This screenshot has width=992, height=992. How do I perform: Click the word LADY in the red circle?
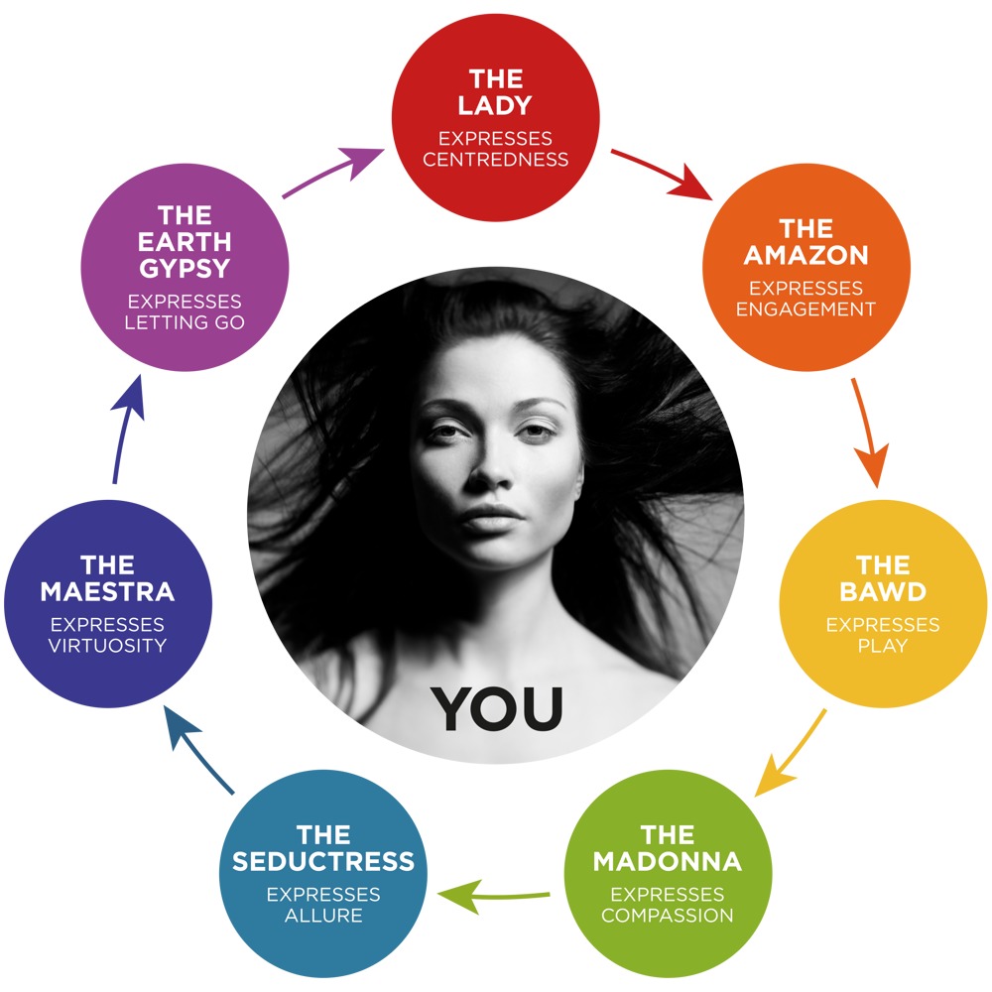pyautogui.click(x=495, y=105)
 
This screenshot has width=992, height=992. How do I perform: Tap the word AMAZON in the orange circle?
pyautogui.click(x=806, y=255)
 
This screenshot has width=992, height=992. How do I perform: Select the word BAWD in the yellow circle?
pyautogui.click(x=882, y=591)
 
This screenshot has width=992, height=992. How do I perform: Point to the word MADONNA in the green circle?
pyautogui.click(x=667, y=860)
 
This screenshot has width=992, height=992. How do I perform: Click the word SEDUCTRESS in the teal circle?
pyautogui.click(x=322, y=860)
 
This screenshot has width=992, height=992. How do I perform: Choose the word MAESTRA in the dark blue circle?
pyautogui.click(x=107, y=591)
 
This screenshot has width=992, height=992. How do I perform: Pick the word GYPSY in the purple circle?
pyautogui.click(x=185, y=268)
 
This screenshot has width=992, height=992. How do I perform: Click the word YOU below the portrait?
pyautogui.click(x=497, y=708)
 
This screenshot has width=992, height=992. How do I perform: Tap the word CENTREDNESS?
pyautogui.click(x=495, y=160)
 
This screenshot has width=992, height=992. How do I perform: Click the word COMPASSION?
pyautogui.click(x=667, y=915)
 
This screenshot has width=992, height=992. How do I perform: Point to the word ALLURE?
pyautogui.click(x=323, y=915)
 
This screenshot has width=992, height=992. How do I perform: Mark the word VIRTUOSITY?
pyautogui.click(x=107, y=646)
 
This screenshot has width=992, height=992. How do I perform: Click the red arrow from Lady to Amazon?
pyautogui.click(x=662, y=175)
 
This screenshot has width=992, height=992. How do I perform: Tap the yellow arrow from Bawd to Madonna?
pyautogui.click(x=790, y=753)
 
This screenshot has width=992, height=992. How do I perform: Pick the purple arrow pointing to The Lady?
pyautogui.click(x=333, y=173)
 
